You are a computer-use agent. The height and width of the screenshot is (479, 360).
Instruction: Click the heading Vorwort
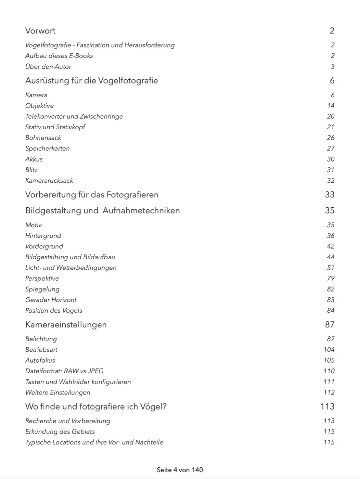(x=40, y=31)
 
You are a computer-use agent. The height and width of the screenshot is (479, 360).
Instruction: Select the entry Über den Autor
(x=48, y=67)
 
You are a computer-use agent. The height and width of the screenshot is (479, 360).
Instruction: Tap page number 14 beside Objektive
(x=331, y=106)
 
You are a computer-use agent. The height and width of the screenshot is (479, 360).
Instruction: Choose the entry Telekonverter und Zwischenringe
(x=74, y=116)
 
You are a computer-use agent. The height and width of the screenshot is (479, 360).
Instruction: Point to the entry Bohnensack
(x=43, y=138)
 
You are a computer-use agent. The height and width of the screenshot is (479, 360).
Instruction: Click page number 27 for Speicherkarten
(x=331, y=148)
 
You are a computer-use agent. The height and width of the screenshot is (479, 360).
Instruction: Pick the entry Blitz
(x=31, y=170)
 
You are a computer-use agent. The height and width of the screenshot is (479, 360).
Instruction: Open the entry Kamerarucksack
(x=49, y=181)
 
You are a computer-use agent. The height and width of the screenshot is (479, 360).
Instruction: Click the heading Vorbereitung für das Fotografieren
(x=92, y=195)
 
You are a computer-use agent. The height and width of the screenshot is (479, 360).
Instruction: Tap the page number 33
(x=330, y=195)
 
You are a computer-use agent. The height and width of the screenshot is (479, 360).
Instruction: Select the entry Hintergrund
(x=43, y=236)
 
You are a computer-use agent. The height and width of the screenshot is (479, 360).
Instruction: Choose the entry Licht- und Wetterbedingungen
(x=71, y=268)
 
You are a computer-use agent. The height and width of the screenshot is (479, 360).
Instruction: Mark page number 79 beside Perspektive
(x=331, y=279)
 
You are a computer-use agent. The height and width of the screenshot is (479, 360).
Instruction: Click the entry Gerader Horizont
(x=51, y=300)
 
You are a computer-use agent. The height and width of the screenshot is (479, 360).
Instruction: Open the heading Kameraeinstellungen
(x=66, y=325)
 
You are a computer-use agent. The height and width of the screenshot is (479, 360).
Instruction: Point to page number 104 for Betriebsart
(x=329, y=350)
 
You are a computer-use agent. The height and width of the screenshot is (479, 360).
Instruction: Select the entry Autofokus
(x=40, y=360)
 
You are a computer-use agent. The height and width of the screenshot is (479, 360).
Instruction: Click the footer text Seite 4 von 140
(x=180, y=470)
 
